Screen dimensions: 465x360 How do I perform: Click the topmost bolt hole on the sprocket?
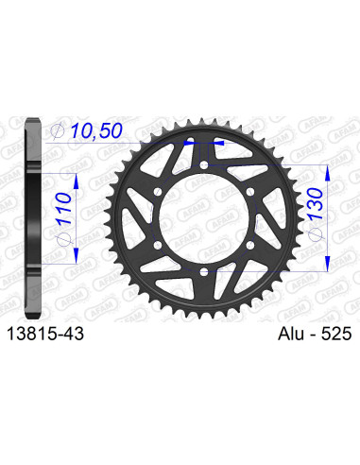tap(205, 169)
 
